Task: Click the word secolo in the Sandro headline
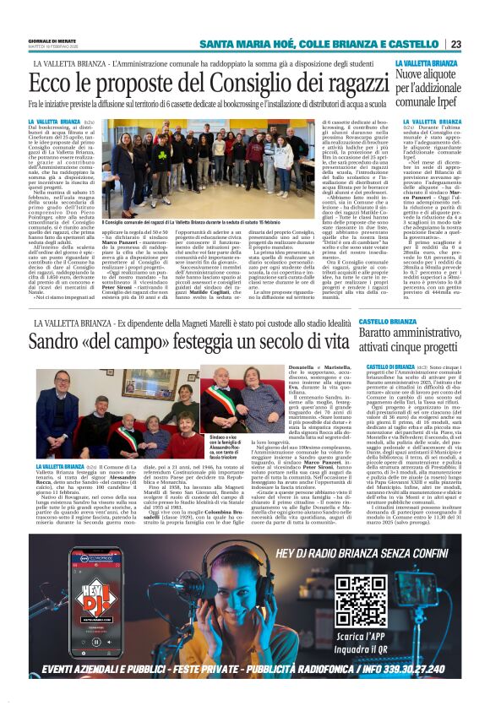[x=274, y=344]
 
